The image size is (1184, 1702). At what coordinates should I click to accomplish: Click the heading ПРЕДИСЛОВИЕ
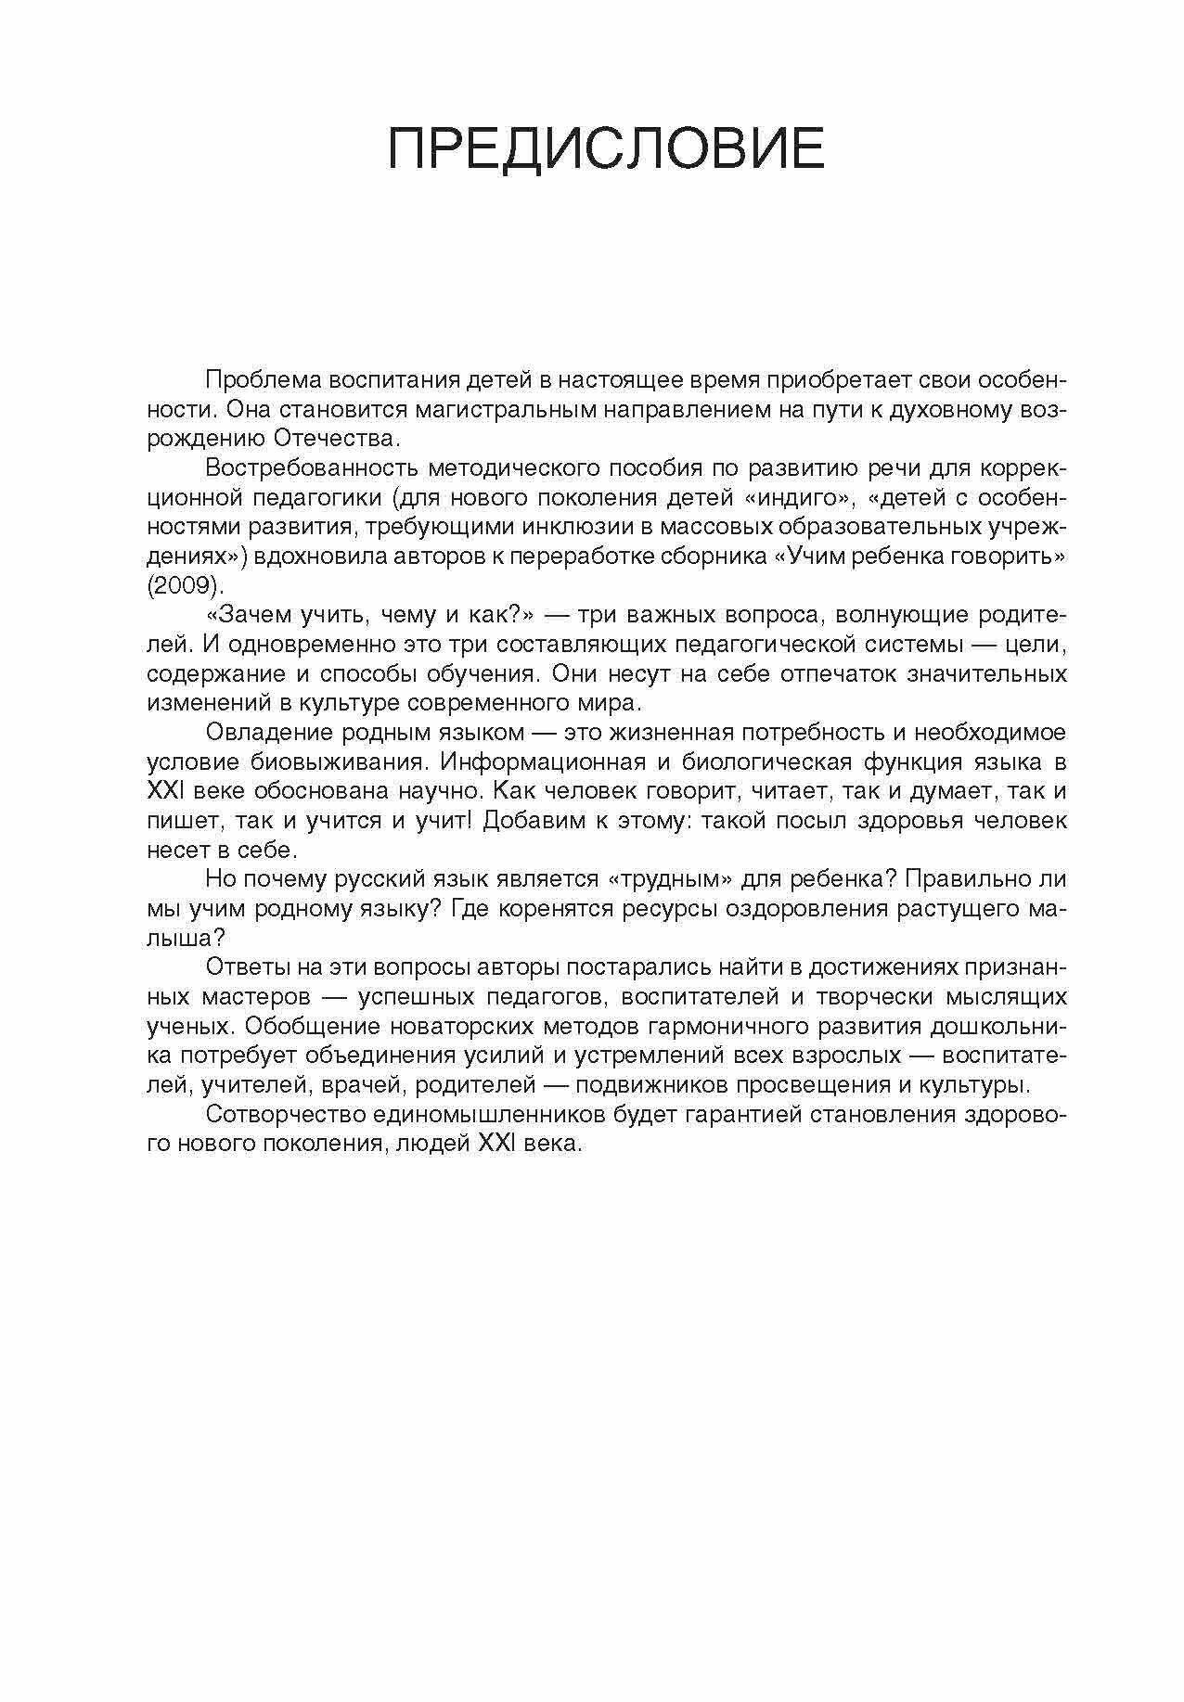pyautogui.click(x=605, y=147)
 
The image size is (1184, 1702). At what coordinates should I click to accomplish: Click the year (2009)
pyautogui.click(x=186, y=586)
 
